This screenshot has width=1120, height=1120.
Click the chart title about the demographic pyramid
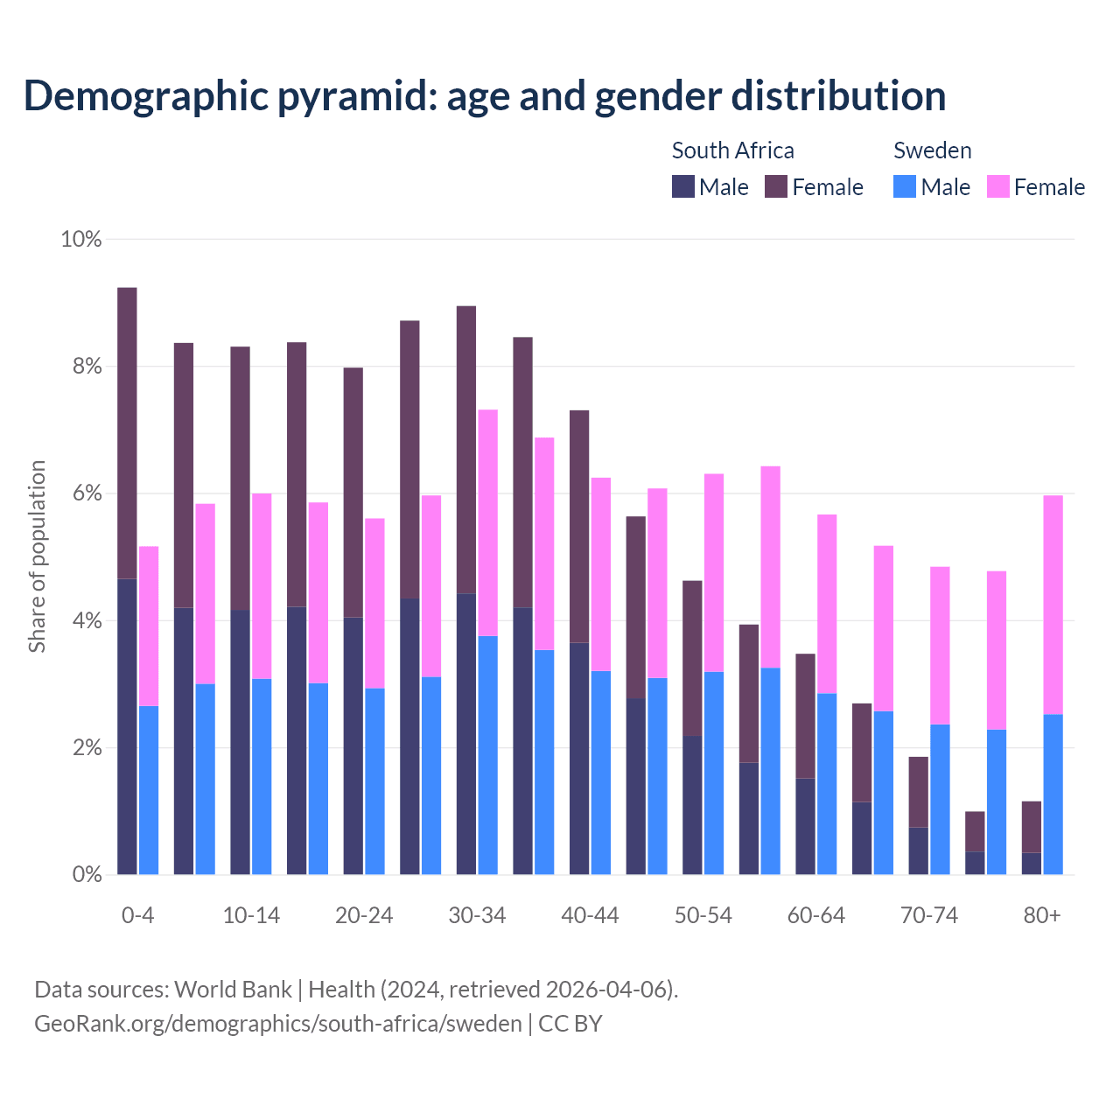point(485,96)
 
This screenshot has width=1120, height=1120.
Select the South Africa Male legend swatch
point(683,187)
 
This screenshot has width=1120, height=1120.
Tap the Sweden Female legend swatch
point(998,187)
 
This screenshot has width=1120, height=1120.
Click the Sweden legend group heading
point(932,150)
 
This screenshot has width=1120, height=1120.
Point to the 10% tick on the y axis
point(81,239)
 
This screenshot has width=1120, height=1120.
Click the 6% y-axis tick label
point(87,493)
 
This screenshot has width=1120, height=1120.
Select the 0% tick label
point(87,874)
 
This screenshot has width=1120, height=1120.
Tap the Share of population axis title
point(37,556)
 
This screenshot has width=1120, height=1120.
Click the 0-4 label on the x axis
point(137,916)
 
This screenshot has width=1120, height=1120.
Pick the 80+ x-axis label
point(1041,916)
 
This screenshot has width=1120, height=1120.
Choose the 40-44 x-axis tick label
point(590,916)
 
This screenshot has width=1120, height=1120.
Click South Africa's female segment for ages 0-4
point(127,433)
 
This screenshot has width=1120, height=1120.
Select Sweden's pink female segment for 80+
point(1053,605)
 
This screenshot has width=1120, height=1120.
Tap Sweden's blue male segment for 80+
point(1053,794)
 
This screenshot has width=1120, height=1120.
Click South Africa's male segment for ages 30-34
point(466,733)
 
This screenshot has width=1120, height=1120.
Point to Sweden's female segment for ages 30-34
point(488,522)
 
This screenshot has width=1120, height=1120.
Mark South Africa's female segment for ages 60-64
point(805,716)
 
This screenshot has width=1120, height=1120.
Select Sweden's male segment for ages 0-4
point(149,790)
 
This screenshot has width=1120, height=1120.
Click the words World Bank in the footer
point(233,990)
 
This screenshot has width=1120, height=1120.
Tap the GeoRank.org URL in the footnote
point(277,1024)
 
